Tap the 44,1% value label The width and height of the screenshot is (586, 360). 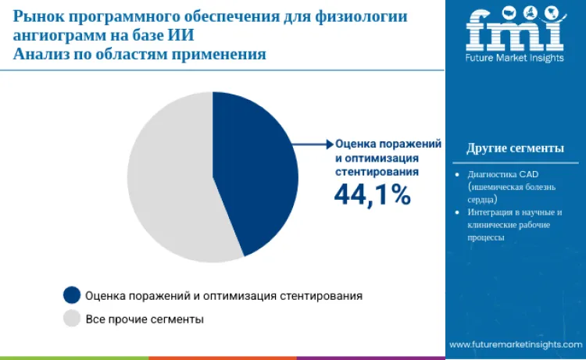pyautogui.click(x=372, y=194)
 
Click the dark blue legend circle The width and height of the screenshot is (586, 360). pyautogui.click(x=72, y=295)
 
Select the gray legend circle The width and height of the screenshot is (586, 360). pyautogui.click(x=72, y=318)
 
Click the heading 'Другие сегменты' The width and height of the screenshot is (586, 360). pyautogui.click(x=515, y=148)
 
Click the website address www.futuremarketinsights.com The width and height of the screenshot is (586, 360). pyautogui.click(x=515, y=344)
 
